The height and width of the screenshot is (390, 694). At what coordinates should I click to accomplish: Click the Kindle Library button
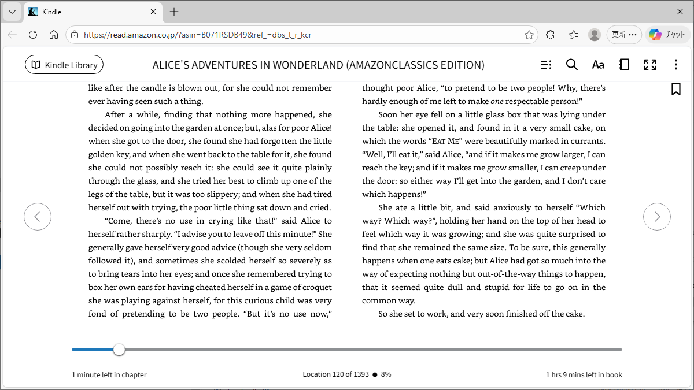point(64,65)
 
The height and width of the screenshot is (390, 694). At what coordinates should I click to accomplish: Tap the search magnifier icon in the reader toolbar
point(571,65)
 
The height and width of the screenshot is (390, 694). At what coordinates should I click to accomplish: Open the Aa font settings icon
point(598,65)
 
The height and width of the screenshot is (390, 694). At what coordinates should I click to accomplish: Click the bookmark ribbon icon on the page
point(675,89)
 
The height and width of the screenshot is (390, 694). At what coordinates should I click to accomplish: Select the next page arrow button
point(656,217)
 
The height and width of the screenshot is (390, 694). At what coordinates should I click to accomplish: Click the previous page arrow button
point(38,217)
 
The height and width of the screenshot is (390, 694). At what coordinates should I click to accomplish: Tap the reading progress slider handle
point(119,350)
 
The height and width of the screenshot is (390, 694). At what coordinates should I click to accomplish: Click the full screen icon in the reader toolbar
point(650,65)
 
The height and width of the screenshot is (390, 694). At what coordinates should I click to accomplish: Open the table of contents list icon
point(545,65)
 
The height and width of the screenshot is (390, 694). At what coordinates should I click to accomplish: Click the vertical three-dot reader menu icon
point(675,65)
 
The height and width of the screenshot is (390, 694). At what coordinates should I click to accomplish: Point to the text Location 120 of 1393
point(335,374)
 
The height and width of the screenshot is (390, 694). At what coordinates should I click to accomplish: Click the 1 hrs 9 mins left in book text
point(584,375)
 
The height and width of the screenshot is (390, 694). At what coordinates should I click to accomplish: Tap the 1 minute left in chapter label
point(109,375)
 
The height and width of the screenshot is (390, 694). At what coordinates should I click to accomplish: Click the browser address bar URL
point(197,35)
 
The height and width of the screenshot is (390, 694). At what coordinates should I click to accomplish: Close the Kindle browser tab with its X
point(153,12)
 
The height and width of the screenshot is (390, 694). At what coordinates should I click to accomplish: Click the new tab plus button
point(174,12)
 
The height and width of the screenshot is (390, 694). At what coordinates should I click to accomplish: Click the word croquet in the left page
point(318,287)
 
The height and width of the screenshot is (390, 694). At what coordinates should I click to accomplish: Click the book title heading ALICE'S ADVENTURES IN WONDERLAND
point(318,65)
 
